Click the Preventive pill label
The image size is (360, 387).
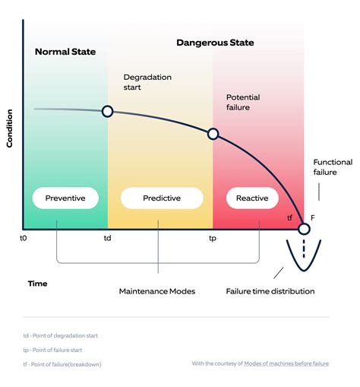65,198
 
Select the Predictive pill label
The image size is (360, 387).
162,198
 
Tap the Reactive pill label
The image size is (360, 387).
252,198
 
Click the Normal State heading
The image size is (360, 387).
65,52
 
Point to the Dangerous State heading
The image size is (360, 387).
215,43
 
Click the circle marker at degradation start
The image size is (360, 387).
107,111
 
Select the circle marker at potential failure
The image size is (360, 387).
213,134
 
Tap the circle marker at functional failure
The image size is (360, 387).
304,229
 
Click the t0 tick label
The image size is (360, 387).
24,238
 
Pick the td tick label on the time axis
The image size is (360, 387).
107,238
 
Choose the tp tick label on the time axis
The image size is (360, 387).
213,239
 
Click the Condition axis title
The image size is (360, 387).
9,128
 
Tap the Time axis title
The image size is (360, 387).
37,284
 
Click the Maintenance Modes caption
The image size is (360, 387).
157,291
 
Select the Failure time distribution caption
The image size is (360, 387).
270,291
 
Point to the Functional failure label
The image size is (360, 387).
333,167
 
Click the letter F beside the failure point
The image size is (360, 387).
313,217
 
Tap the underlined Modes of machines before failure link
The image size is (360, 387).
286,363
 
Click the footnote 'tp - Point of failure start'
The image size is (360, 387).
52,350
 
